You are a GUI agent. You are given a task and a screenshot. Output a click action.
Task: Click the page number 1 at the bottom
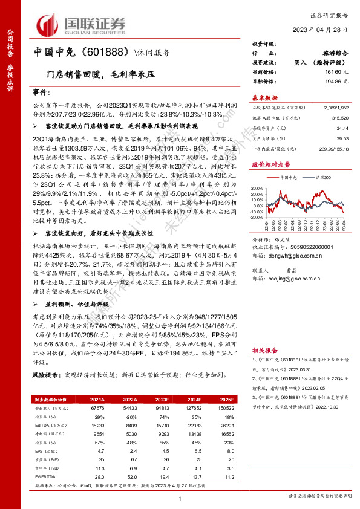[x=180, y=497]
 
